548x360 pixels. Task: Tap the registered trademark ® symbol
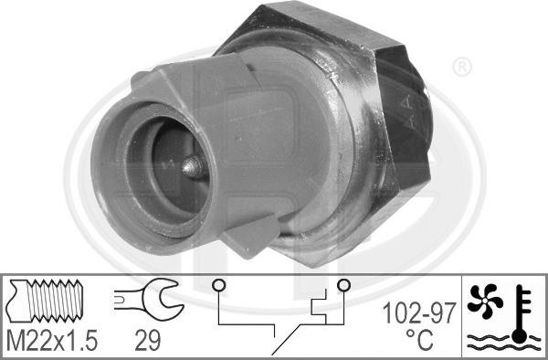462,68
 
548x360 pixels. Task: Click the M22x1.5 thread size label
52,341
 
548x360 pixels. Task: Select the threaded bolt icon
45,301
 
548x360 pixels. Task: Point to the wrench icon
149,300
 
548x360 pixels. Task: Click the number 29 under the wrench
147,341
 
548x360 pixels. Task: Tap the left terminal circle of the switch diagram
218,286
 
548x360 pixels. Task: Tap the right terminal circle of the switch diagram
343,285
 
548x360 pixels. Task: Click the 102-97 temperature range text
419,312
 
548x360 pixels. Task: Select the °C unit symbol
420,339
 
